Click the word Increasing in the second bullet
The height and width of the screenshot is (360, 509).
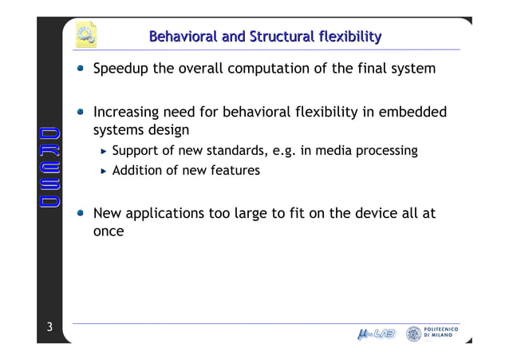pos(128,113)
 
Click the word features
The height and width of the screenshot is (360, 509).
pos(235,170)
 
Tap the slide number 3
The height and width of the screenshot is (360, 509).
pos(49,326)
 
